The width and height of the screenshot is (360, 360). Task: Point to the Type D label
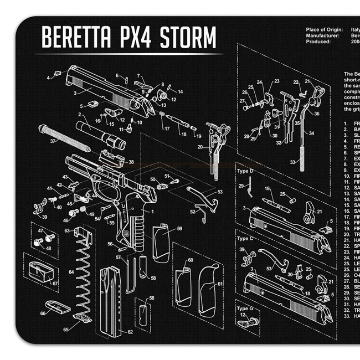click(x=245, y=172)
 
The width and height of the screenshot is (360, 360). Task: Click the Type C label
click(x=245, y=238)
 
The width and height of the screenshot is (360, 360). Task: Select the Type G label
click(x=245, y=308)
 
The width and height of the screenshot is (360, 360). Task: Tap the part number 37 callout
click(x=53, y=142)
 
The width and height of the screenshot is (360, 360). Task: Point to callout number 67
click(x=55, y=283)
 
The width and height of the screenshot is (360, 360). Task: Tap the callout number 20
click(x=200, y=147)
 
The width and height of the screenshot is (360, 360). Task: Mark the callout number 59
click(x=179, y=229)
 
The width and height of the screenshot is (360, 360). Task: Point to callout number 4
click(x=48, y=78)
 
